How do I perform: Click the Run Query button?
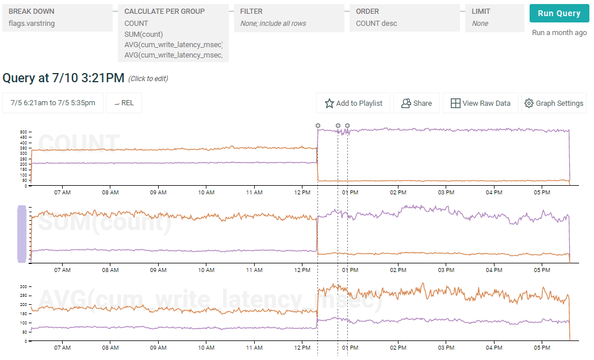(x=558, y=14)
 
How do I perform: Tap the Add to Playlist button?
(x=353, y=104)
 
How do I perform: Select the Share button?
(x=416, y=104)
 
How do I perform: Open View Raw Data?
(x=480, y=104)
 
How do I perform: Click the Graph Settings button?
(x=554, y=104)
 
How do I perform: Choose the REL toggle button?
(x=124, y=103)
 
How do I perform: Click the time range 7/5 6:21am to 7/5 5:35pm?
(x=53, y=103)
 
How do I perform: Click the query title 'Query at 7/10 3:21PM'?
(x=63, y=78)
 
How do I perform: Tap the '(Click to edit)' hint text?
(x=148, y=79)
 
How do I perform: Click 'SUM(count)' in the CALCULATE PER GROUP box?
(x=144, y=34)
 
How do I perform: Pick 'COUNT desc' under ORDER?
(x=376, y=24)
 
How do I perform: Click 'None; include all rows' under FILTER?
(x=273, y=24)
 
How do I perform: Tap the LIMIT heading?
(x=481, y=11)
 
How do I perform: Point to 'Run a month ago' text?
(x=559, y=33)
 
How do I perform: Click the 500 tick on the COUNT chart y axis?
(x=24, y=132)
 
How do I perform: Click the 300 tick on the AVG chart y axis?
(x=24, y=286)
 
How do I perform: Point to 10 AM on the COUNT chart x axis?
(x=206, y=192)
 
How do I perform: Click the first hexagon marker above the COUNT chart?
(x=318, y=125)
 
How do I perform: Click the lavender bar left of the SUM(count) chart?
(x=22, y=234)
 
